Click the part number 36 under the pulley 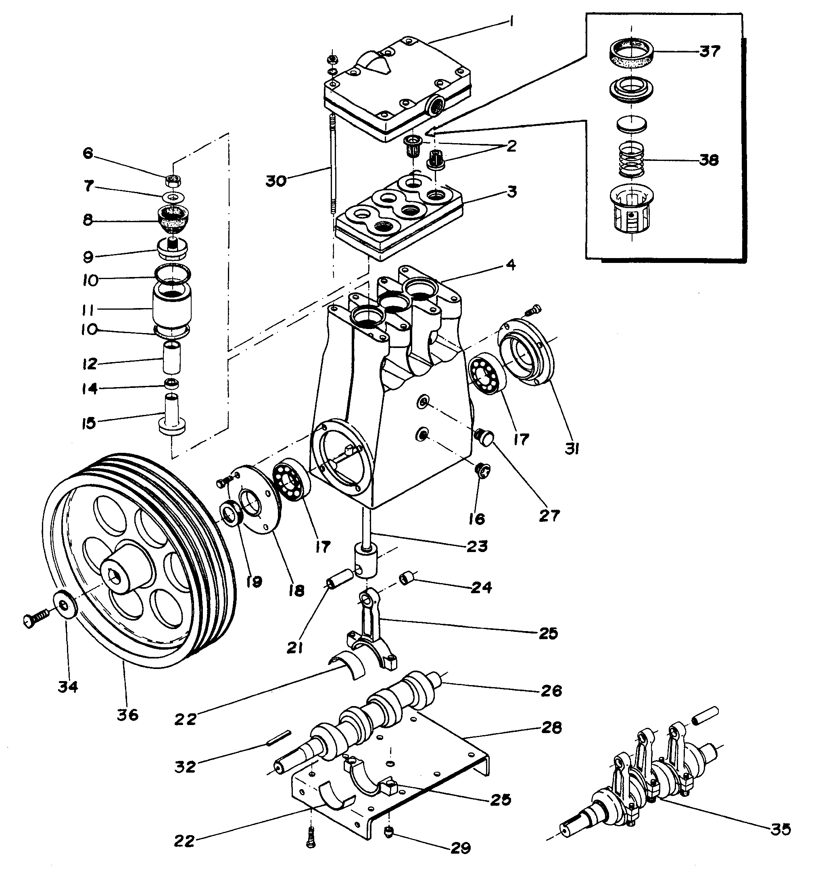(x=127, y=715)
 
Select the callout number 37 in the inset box (x=710, y=51)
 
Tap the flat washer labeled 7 (x=174, y=197)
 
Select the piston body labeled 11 (x=172, y=309)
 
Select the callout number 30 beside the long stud (x=276, y=181)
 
